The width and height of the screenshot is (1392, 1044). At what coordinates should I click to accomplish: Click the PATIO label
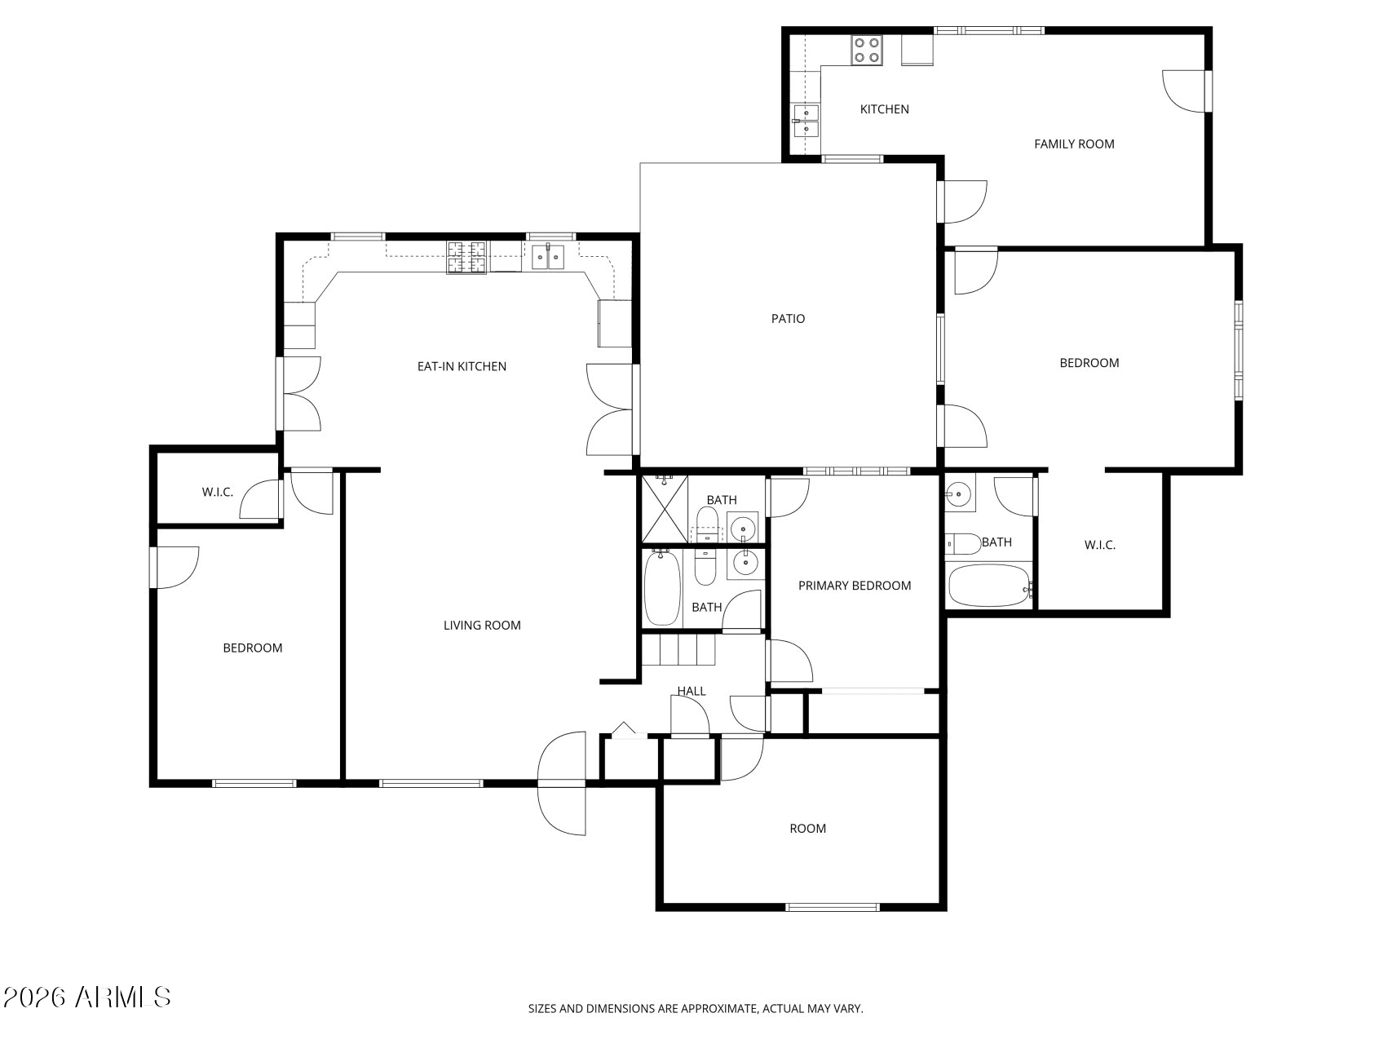(x=788, y=319)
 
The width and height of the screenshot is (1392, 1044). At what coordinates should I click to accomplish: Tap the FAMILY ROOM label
(x=1073, y=144)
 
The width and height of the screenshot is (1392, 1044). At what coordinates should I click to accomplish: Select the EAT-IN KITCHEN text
(x=462, y=367)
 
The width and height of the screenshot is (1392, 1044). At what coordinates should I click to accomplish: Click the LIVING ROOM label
(x=482, y=626)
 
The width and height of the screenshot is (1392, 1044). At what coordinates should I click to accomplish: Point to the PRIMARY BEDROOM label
(x=854, y=586)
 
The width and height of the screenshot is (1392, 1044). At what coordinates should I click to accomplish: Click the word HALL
(x=691, y=692)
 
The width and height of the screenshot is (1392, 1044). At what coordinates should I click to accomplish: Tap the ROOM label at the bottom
(x=807, y=829)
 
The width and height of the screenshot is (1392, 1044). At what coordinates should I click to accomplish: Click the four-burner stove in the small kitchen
(x=866, y=50)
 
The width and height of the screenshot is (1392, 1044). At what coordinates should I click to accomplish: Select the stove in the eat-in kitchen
(x=466, y=257)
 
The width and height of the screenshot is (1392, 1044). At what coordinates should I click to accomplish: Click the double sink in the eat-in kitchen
(x=548, y=257)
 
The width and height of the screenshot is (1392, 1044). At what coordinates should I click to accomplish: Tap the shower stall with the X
(x=665, y=510)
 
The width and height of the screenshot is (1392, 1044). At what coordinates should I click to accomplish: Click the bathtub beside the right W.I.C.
(x=988, y=586)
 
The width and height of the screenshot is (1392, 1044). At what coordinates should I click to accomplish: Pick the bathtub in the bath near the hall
(x=661, y=588)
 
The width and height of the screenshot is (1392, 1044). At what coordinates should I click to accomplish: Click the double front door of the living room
(x=563, y=783)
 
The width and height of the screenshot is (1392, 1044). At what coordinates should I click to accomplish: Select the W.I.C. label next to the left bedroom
(x=217, y=493)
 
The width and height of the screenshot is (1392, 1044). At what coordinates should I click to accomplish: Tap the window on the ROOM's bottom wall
(x=832, y=906)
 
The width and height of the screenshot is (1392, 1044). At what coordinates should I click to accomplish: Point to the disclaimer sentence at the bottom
(x=695, y=1009)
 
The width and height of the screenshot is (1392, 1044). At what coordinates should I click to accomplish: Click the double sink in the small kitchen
(x=806, y=121)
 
